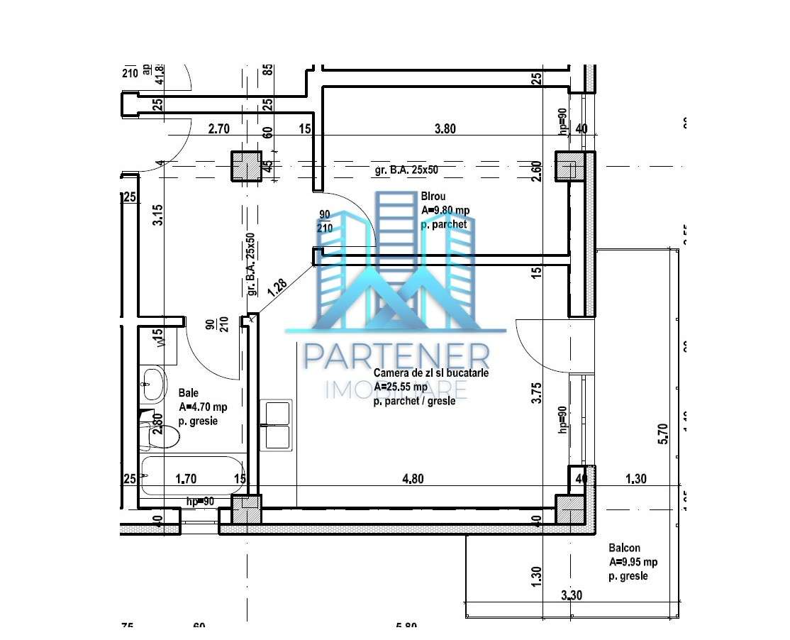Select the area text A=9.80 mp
(x=445, y=210)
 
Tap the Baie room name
(x=189, y=392)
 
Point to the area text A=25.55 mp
(x=401, y=387)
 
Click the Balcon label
(x=624, y=548)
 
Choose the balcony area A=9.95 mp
(x=633, y=562)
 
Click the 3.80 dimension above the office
(x=445, y=129)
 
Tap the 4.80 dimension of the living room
(x=413, y=479)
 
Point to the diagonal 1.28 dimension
(x=278, y=287)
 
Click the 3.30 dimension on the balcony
(x=572, y=595)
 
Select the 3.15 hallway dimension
(x=158, y=214)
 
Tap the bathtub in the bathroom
(x=191, y=476)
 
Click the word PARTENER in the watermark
(x=396, y=357)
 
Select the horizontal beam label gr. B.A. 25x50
(x=416, y=170)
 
